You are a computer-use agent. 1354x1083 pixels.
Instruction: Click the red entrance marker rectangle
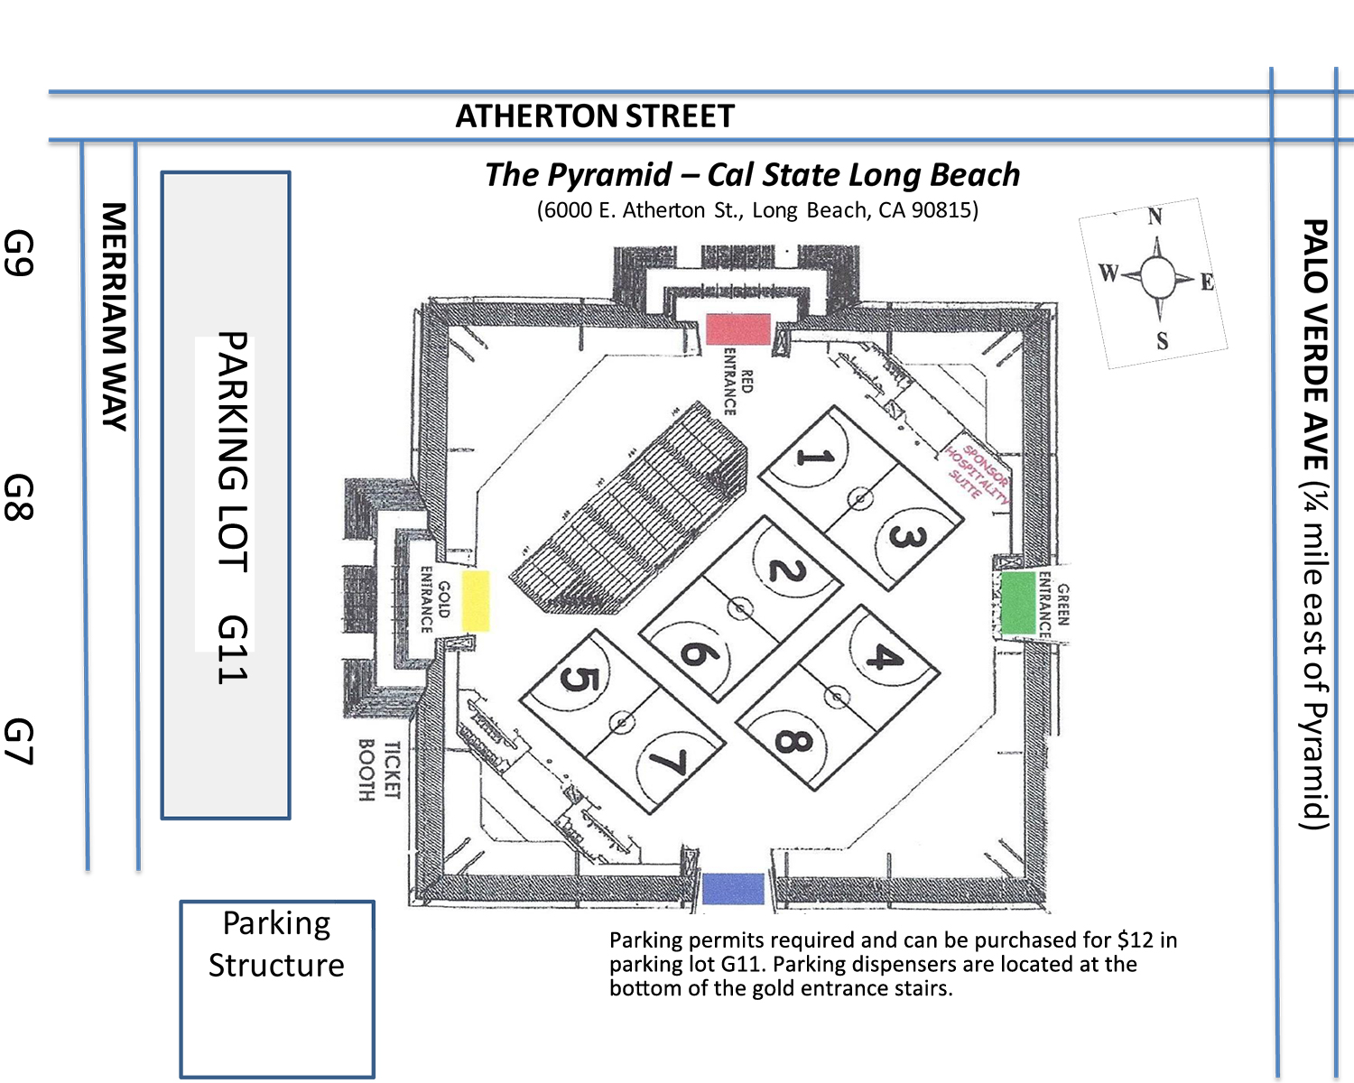(738, 329)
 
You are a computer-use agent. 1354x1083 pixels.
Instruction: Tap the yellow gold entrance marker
(476, 601)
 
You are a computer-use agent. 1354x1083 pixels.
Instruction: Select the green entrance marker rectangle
(1018, 603)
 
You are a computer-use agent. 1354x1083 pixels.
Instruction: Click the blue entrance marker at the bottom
(733, 889)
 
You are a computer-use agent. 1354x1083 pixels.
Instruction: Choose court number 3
(907, 537)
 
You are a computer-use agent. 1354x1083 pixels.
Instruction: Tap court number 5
(578, 679)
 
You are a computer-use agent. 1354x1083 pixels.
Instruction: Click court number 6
(699, 653)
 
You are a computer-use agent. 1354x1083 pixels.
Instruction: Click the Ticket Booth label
(379, 770)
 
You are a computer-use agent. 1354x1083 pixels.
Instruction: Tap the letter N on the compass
(1154, 217)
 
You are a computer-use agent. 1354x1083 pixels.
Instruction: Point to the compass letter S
(1162, 340)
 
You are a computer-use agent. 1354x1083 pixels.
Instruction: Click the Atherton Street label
(595, 116)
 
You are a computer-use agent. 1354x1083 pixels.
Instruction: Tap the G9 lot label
(18, 253)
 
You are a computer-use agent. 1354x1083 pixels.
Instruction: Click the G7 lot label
(18, 741)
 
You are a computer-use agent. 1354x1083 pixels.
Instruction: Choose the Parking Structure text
(276, 944)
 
